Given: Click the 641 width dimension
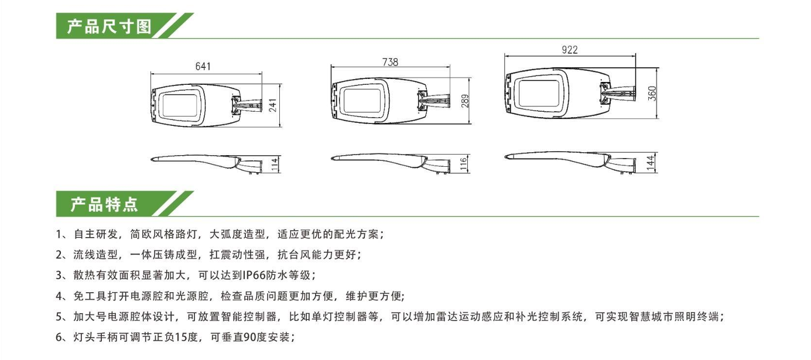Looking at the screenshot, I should (203, 66).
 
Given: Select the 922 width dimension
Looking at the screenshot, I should (570, 50).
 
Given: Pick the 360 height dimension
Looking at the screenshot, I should (652, 92).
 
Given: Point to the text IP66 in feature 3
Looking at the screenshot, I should (254, 275).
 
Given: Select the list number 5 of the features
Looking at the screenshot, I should (59, 317).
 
